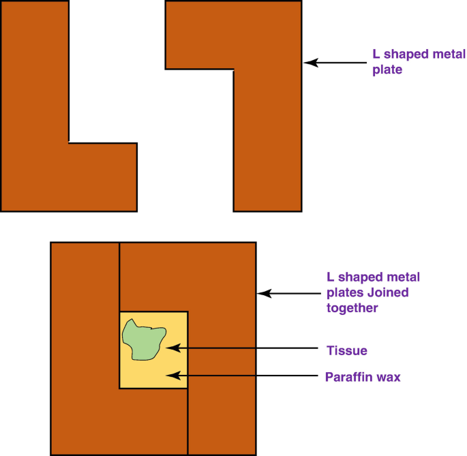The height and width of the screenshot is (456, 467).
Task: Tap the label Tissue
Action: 346,351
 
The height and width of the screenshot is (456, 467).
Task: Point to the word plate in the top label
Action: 387,69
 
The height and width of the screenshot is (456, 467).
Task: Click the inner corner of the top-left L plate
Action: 69,142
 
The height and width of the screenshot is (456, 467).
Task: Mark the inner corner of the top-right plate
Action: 234,69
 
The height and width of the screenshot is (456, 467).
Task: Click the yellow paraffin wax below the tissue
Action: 153,375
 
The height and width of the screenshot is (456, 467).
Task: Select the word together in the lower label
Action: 352,308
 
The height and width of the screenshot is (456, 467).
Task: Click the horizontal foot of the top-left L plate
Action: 102,177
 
